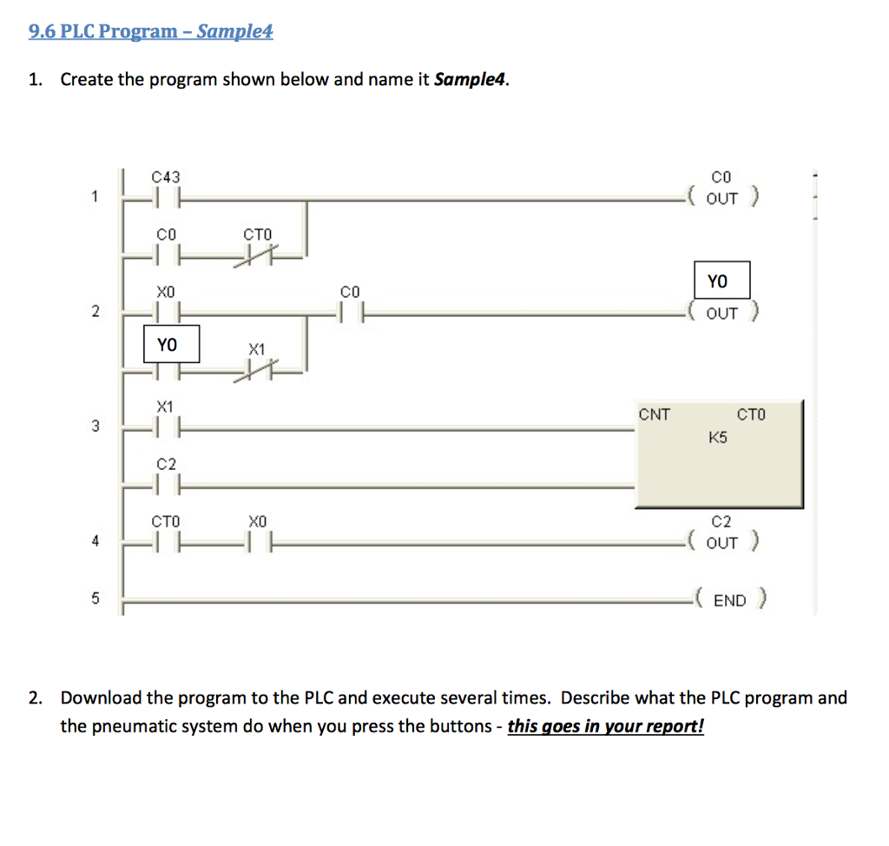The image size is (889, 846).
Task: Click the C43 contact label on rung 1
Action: [165, 178]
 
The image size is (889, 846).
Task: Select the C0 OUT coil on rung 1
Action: [721, 198]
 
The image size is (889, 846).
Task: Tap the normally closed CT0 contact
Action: [259, 254]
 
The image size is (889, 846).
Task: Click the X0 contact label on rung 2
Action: [165, 294]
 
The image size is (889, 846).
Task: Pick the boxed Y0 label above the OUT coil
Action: [721, 281]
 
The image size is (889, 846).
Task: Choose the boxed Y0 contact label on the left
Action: [171, 344]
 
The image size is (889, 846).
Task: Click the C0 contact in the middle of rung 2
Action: [350, 311]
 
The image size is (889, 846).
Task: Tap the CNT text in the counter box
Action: [655, 414]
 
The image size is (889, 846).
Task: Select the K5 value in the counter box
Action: [717, 438]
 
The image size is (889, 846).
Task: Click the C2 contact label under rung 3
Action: [166, 465]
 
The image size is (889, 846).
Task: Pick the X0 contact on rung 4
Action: [257, 543]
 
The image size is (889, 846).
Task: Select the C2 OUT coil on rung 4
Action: [721, 542]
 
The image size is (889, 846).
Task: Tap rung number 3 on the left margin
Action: [95, 426]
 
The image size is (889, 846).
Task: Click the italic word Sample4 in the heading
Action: [234, 32]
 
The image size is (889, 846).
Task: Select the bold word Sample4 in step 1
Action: [470, 80]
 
